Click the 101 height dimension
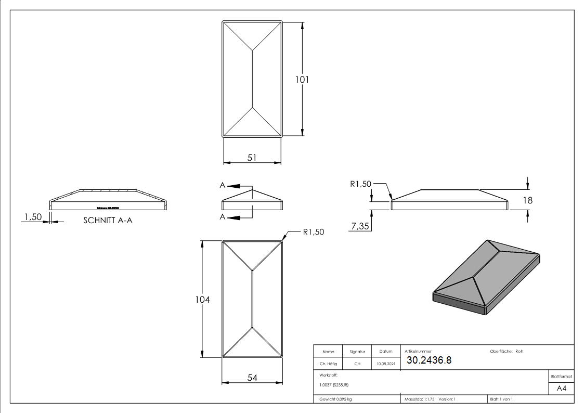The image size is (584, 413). [303, 80]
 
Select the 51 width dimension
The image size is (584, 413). [252, 158]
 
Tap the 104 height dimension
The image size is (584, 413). [203, 300]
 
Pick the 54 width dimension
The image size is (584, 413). [252, 378]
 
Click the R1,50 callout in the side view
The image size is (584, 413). [360, 184]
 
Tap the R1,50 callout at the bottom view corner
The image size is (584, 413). [313, 232]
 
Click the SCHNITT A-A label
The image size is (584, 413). [108, 221]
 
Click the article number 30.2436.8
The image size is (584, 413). [429, 360]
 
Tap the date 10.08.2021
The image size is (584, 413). [385, 364]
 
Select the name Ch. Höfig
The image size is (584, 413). [328, 364]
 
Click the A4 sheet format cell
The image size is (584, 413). [561, 389]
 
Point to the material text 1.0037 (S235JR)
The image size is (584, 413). [334, 385]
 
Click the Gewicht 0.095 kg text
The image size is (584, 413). [336, 399]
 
